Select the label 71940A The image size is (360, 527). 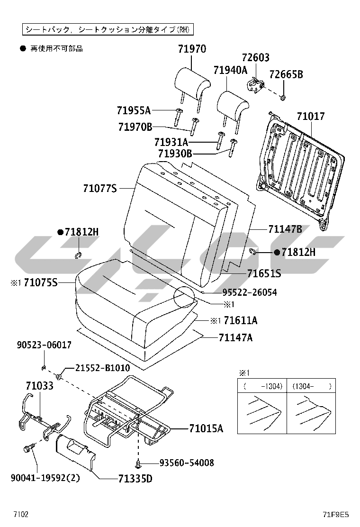pos(230,70)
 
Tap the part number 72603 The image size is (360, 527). pos(255,58)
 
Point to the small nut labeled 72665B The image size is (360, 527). pos(283,98)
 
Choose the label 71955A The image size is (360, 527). pos(134,110)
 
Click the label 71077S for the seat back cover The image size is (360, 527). pos(99,189)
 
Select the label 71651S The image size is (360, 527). pos(264,273)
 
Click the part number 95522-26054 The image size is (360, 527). pos(250,292)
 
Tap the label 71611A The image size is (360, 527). pos(240,321)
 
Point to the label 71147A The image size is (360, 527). pos(235,337)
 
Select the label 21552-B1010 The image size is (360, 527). pos(103,368)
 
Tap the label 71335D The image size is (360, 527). pos(135,479)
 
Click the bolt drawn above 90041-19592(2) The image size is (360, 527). pos(28,448)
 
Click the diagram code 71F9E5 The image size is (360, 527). pos(335,514)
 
